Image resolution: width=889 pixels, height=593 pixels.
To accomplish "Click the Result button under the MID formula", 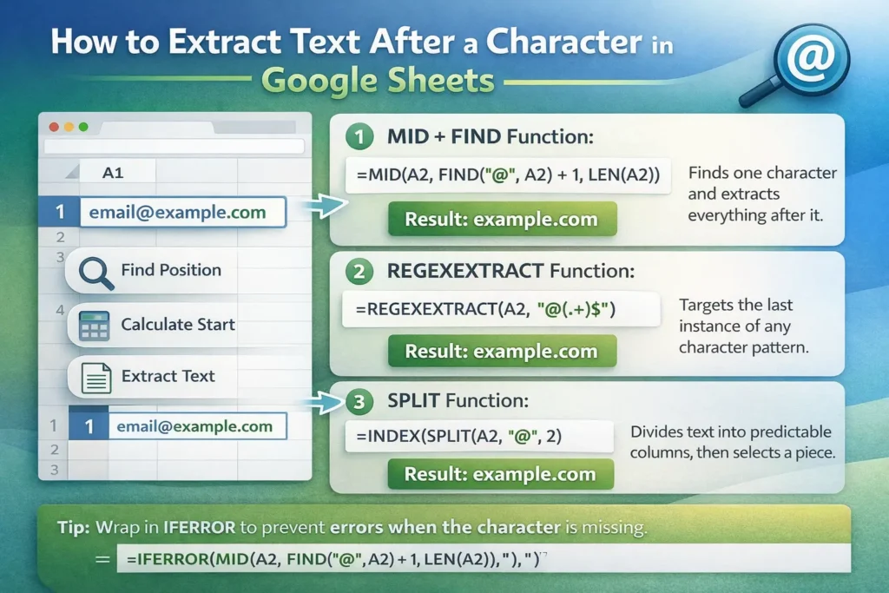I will point(501,219).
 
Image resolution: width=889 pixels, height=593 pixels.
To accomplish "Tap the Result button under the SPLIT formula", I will point(501,474).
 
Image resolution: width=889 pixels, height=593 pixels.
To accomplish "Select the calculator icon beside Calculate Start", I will point(94,325).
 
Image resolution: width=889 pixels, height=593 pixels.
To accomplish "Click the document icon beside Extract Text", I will point(95,378).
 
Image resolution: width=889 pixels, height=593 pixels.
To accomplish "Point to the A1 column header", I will point(113,173).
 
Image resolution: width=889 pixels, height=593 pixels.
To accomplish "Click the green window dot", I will point(83,127).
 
